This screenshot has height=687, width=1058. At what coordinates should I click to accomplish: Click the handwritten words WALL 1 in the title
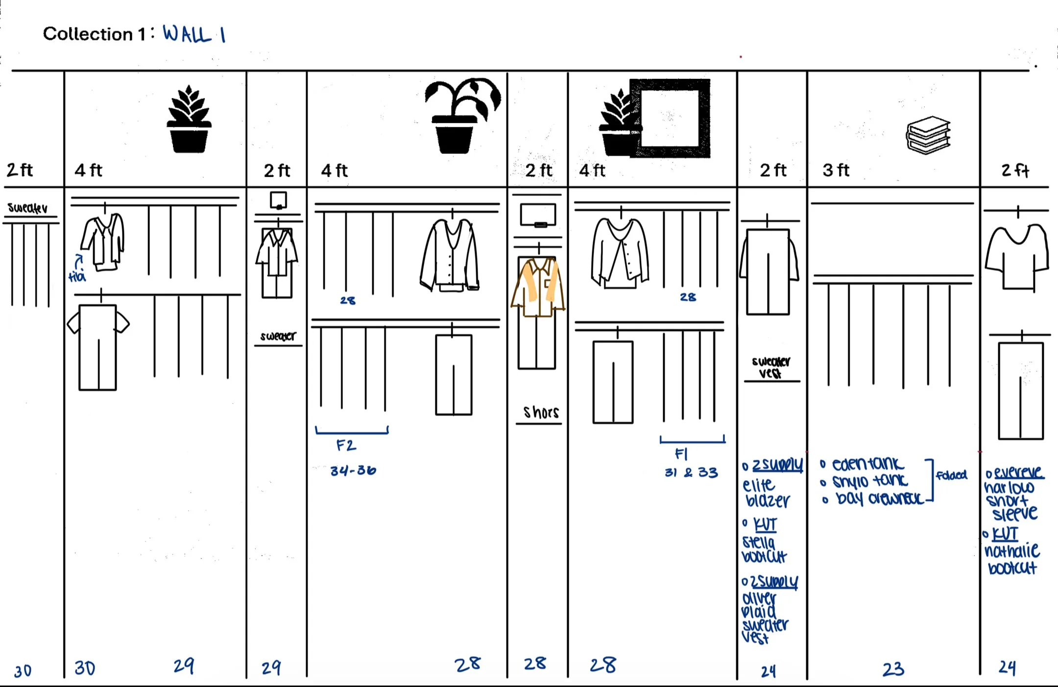194,34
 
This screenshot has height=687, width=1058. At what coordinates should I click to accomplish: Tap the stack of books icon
928,135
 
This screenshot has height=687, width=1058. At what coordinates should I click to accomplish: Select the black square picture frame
670,118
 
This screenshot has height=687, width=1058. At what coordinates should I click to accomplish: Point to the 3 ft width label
836,170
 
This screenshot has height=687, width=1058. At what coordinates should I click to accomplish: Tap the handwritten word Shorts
540,412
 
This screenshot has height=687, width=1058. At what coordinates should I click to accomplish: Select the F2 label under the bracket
346,445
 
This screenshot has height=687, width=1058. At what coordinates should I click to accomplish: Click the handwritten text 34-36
353,470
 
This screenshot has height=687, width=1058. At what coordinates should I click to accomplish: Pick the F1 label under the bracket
681,454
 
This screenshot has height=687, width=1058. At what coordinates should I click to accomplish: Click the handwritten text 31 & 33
691,472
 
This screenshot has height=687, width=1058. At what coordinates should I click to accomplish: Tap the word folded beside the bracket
951,475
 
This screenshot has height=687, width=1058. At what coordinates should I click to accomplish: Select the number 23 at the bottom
893,669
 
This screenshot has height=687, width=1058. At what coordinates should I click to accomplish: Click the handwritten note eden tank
867,464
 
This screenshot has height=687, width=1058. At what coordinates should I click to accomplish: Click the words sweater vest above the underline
770,367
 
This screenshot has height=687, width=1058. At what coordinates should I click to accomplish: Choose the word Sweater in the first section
27,208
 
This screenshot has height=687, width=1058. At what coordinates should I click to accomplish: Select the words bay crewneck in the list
879,498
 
